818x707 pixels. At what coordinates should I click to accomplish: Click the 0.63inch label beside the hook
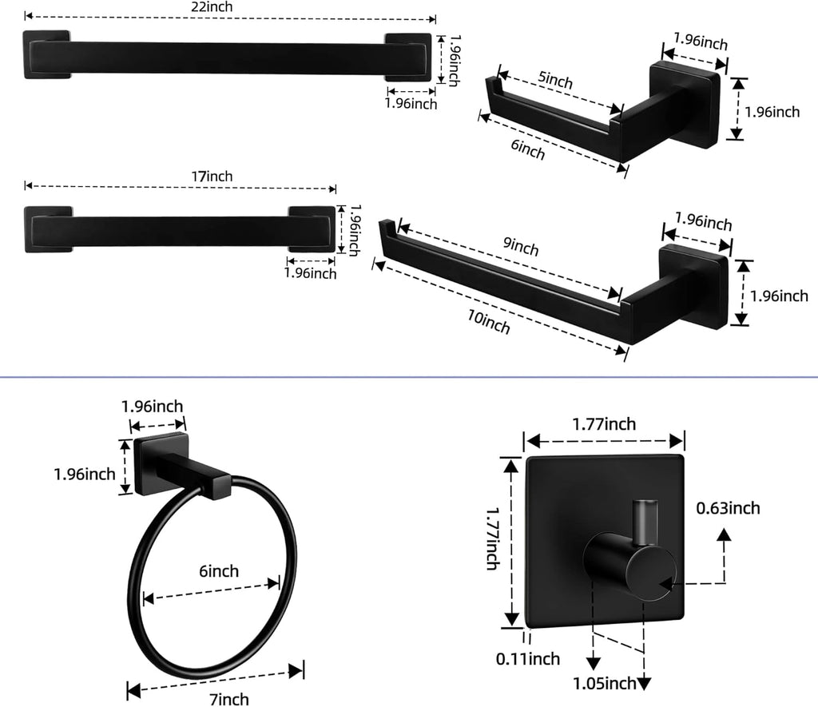728,507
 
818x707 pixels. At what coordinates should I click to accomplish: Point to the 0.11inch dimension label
528,659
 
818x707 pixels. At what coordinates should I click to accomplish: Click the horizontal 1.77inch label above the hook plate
604,423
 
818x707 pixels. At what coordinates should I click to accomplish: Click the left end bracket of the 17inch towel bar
47,228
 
